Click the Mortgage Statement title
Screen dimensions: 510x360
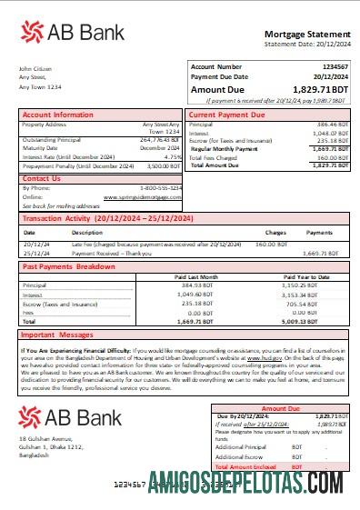tap(305, 33)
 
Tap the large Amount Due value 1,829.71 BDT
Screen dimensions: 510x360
tap(320, 90)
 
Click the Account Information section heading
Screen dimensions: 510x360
tap(57, 115)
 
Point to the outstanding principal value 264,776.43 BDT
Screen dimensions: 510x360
tap(160, 140)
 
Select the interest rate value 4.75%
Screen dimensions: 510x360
tap(173, 156)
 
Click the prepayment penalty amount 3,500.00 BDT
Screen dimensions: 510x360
tap(164, 166)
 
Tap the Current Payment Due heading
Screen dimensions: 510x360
tap(226, 115)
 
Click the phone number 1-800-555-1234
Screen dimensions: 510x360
tap(160, 187)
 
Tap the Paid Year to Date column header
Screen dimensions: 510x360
tap(310, 276)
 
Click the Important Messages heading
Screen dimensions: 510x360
tap(60, 334)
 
